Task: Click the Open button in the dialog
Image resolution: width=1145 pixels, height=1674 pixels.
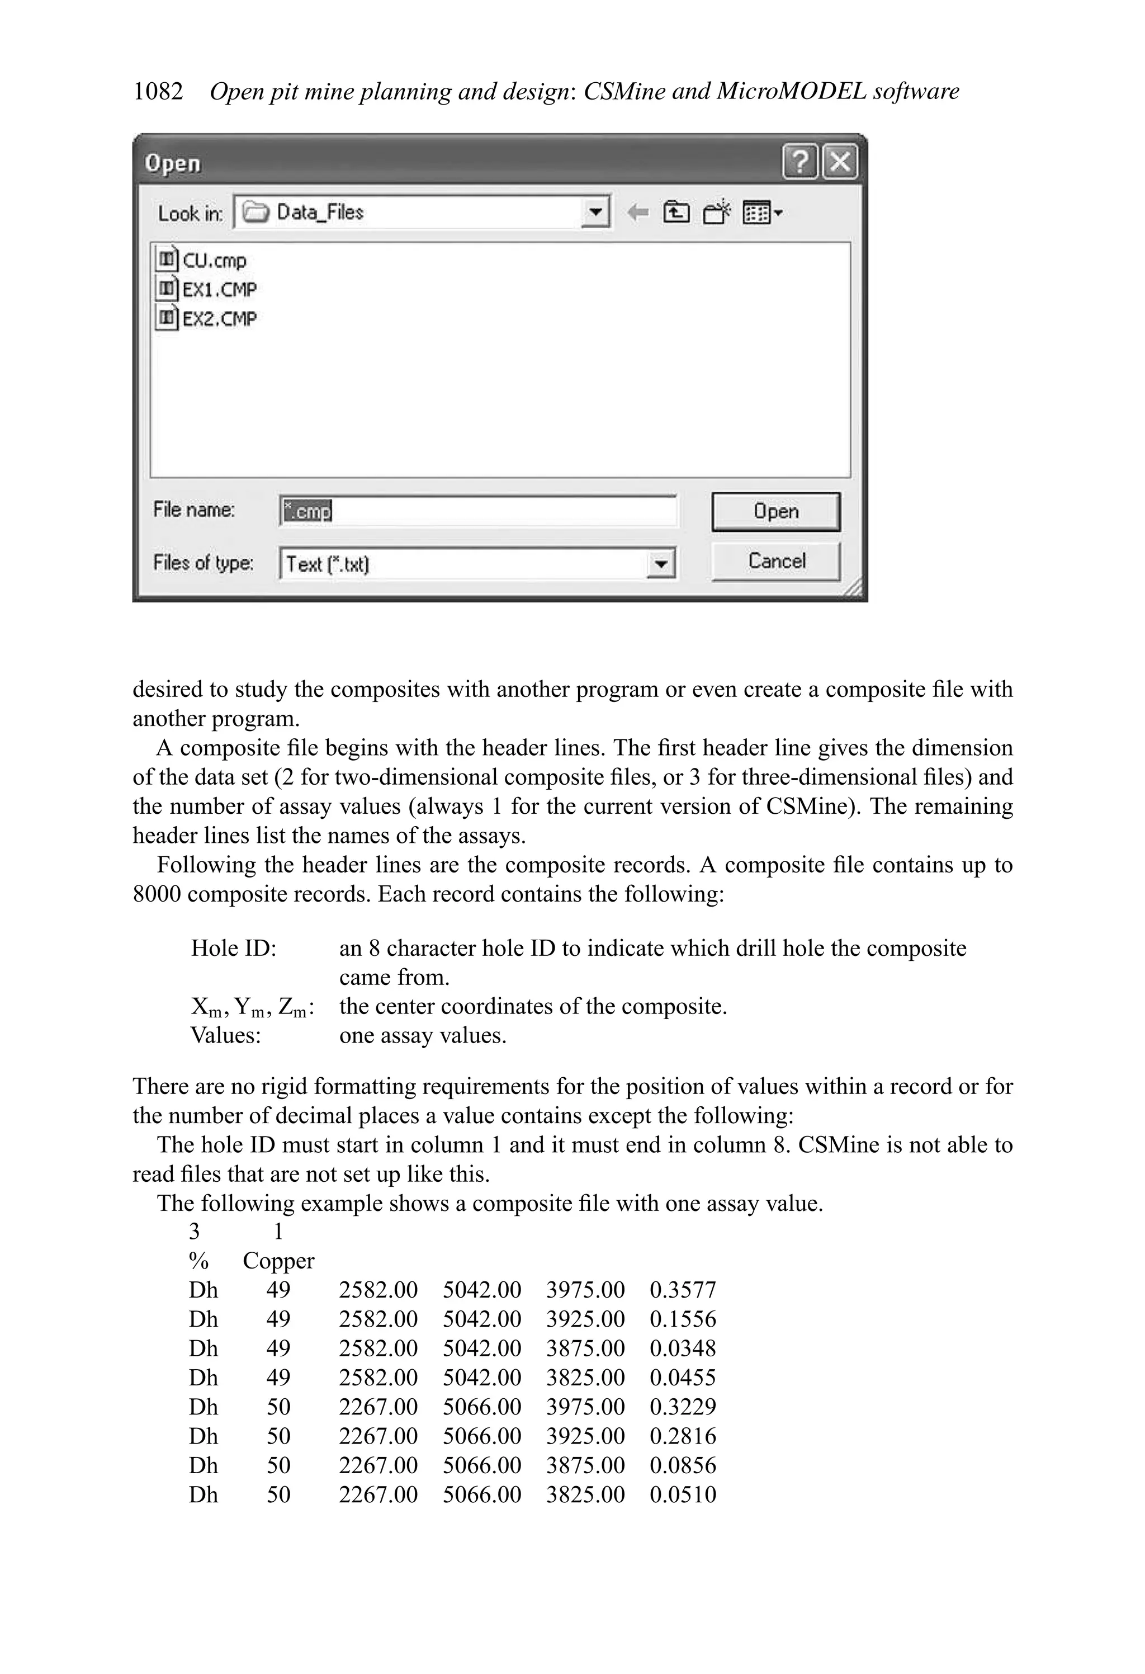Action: pos(775,511)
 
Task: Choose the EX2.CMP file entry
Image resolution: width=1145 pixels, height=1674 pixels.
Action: pos(218,318)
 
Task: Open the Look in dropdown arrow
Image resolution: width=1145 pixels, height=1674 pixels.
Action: pos(595,213)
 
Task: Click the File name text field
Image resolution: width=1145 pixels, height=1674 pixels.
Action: pos(477,511)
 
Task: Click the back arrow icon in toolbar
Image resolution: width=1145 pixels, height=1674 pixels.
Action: pos(637,213)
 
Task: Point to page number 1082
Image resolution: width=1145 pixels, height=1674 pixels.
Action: pos(158,92)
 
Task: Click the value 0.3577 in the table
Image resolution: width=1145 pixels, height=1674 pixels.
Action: pos(682,1289)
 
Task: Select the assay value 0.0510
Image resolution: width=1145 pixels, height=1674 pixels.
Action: pos(682,1494)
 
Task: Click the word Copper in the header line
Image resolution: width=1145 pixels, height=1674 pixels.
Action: pos(278,1261)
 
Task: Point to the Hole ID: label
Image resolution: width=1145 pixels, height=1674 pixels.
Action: pos(233,948)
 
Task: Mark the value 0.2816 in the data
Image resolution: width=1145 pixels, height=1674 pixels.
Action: pos(682,1436)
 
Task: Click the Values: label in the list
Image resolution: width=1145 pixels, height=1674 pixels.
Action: pos(225,1035)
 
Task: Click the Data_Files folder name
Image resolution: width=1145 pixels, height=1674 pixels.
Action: pos(320,213)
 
